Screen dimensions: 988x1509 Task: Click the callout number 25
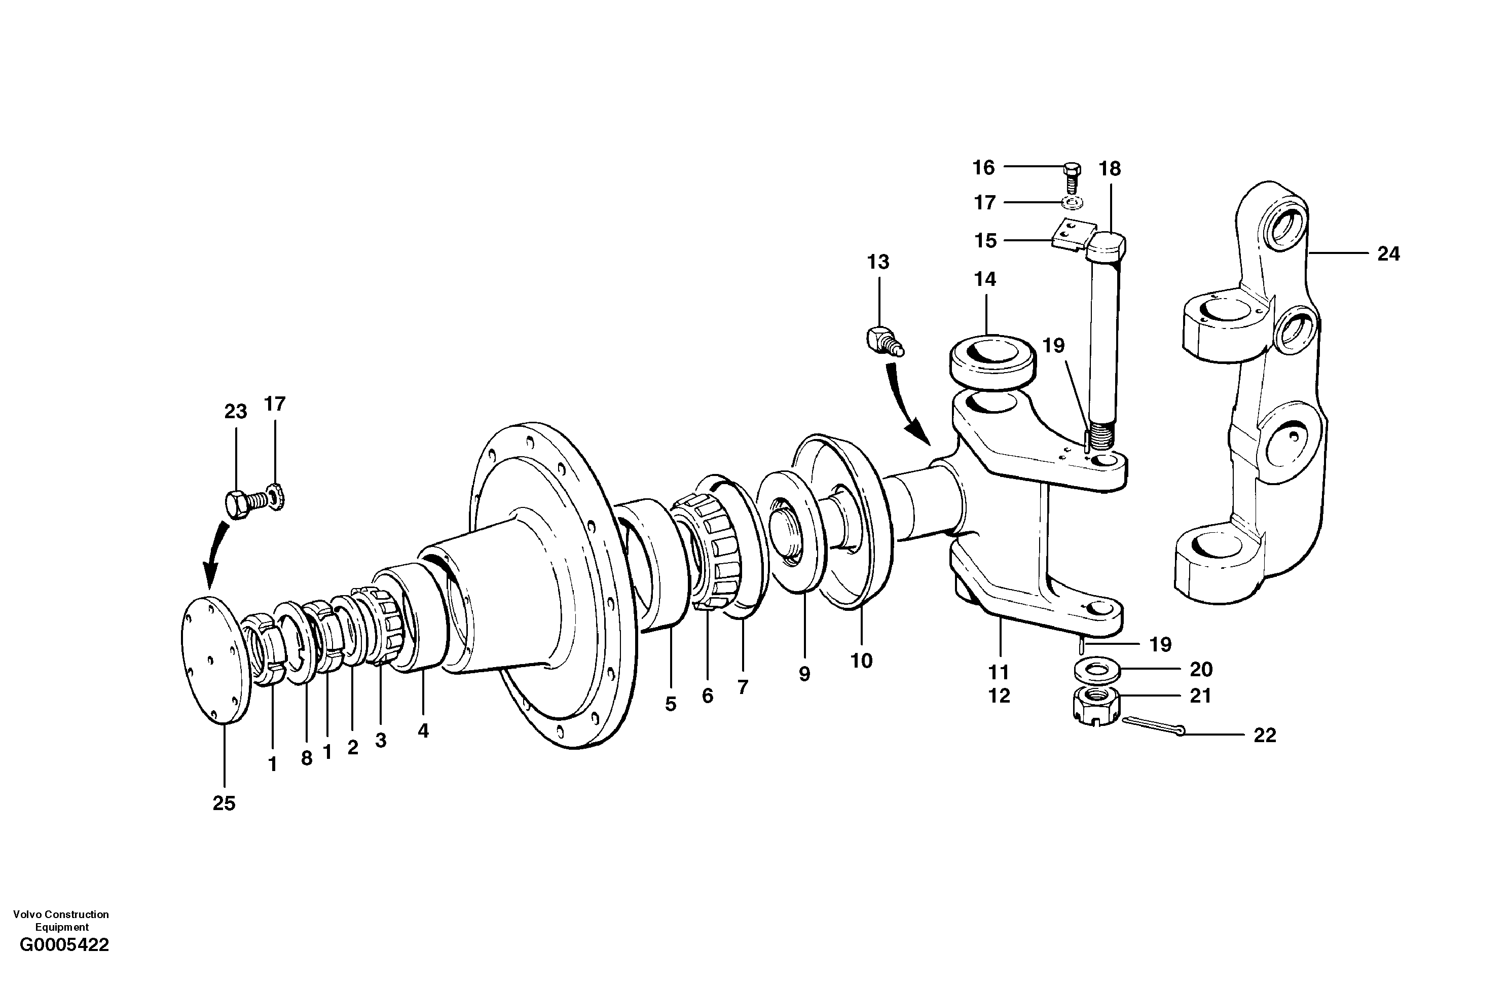coord(224,803)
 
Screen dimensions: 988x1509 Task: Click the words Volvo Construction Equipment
coord(61,921)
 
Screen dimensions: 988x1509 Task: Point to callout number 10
coord(861,661)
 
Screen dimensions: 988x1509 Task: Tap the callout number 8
coord(307,758)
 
